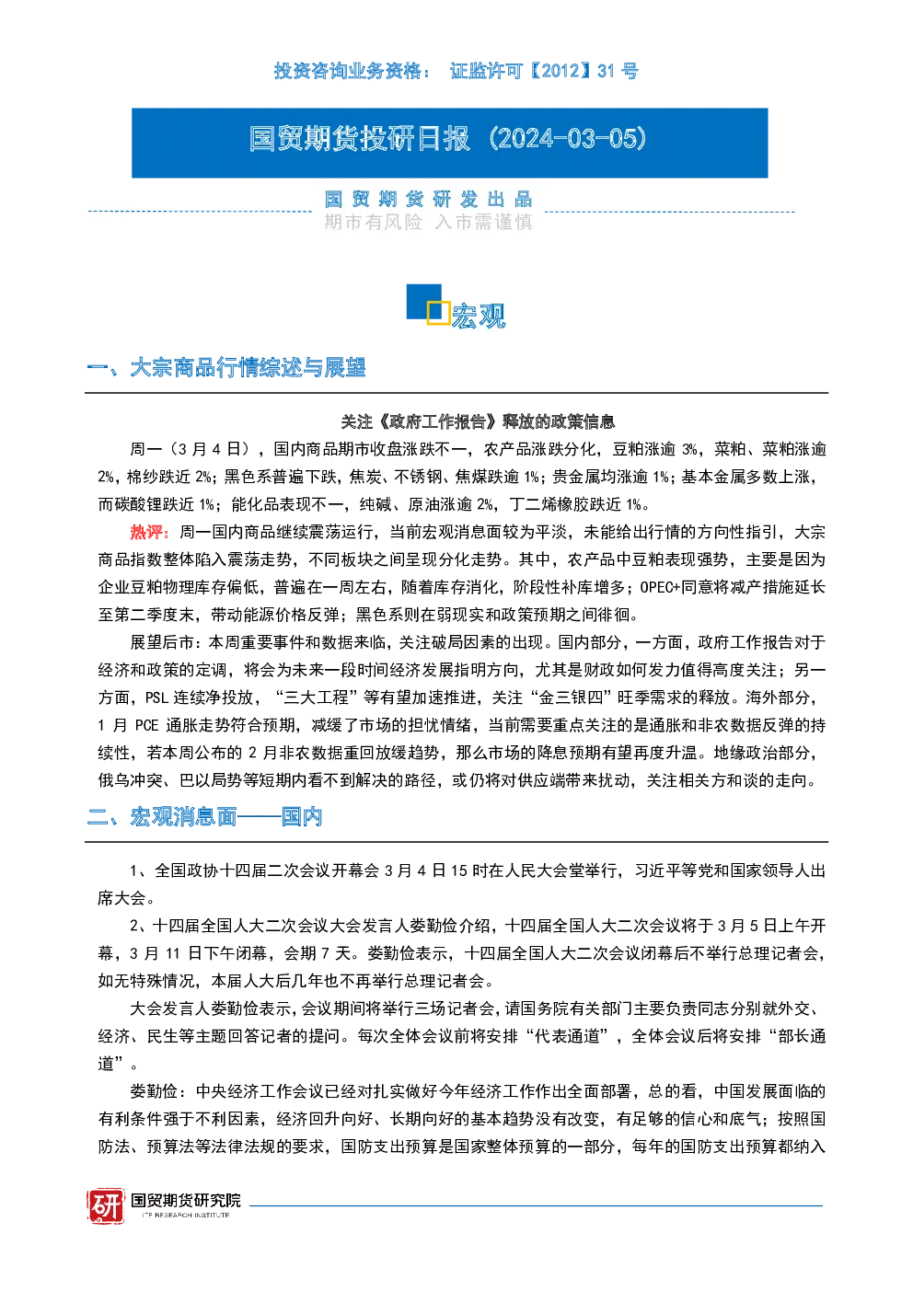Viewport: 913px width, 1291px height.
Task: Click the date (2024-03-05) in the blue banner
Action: (567, 138)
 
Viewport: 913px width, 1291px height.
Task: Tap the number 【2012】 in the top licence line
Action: (560, 71)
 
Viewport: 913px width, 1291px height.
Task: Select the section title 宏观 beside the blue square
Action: (479, 316)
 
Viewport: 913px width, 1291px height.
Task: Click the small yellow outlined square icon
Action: (438, 312)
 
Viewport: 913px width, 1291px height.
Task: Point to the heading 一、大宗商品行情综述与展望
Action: (226, 367)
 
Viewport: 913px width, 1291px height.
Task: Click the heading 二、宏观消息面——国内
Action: (204, 817)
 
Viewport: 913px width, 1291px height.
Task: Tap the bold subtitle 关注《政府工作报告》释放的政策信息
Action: (478, 421)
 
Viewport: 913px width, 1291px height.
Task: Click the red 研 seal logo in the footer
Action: (106, 1205)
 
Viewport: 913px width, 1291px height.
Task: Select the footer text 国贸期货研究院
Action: (186, 1200)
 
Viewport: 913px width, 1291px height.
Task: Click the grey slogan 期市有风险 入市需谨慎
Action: (428, 222)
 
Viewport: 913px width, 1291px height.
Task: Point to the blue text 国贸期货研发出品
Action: (428, 199)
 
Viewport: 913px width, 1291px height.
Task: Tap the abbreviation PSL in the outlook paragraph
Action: (156, 697)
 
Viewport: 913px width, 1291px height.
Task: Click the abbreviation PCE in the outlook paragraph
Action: (146, 726)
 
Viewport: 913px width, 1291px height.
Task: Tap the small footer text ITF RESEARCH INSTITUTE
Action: (186, 1216)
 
